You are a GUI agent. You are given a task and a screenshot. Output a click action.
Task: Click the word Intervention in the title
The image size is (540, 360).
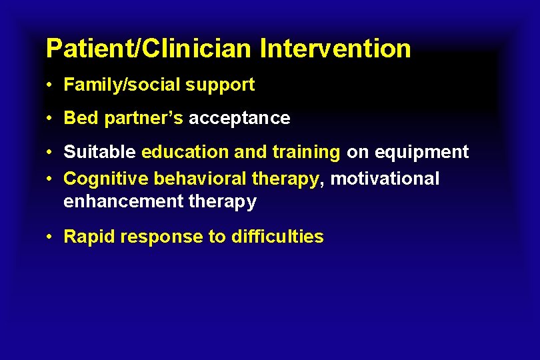(335, 49)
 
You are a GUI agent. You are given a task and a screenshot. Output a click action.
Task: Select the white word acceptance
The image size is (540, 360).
(239, 119)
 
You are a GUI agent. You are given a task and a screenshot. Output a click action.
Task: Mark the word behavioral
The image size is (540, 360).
(200, 179)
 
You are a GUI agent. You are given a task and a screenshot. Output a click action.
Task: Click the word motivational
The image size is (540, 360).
(385, 179)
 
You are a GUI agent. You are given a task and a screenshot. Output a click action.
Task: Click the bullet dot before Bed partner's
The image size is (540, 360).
(50, 119)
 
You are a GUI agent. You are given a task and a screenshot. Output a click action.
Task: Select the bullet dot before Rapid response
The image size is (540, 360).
(50, 237)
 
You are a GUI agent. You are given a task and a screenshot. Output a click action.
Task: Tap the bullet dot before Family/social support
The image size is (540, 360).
(50, 85)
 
